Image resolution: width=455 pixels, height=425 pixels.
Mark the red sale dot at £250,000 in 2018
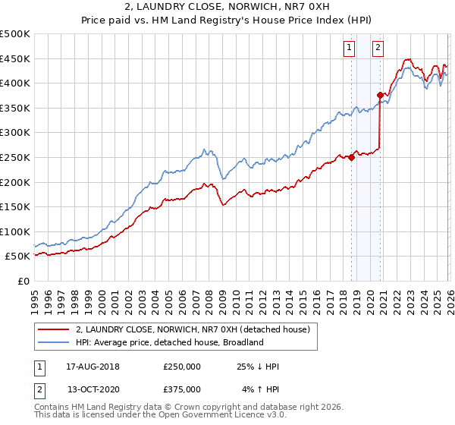click(x=352, y=157)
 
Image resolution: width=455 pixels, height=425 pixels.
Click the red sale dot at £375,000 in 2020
click(x=381, y=95)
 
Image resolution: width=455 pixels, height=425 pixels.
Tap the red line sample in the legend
click(x=55, y=330)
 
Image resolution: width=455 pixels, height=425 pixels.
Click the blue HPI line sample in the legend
click(x=55, y=342)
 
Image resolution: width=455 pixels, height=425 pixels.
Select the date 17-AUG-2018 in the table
click(x=93, y=367)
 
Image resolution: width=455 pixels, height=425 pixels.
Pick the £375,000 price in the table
click(x=182, y=389)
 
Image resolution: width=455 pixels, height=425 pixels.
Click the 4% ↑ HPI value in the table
click(x=260, y=389)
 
